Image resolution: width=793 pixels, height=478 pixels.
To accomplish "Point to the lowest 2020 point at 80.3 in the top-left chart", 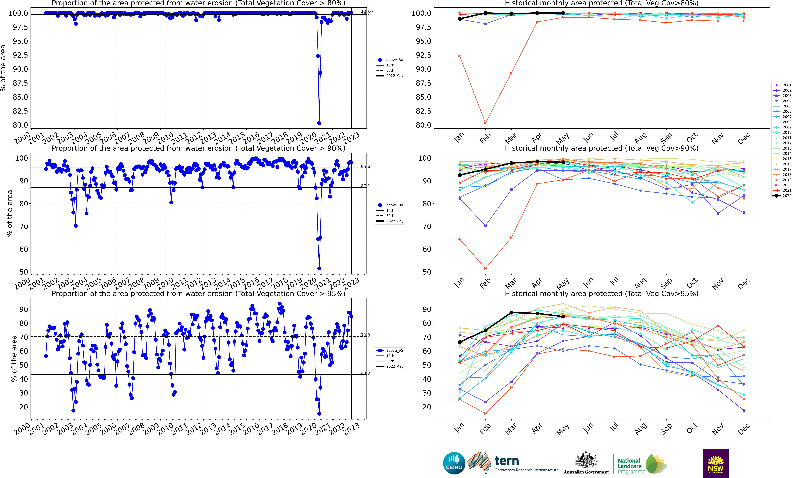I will [319, 123].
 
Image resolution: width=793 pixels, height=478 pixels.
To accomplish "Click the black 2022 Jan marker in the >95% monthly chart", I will [460, 342].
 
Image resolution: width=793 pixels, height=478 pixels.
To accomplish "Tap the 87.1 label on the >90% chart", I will [365, 186].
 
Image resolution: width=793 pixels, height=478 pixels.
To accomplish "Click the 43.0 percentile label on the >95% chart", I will [365, 373].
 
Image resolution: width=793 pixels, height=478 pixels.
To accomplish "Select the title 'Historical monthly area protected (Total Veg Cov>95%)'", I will [601, 294].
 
